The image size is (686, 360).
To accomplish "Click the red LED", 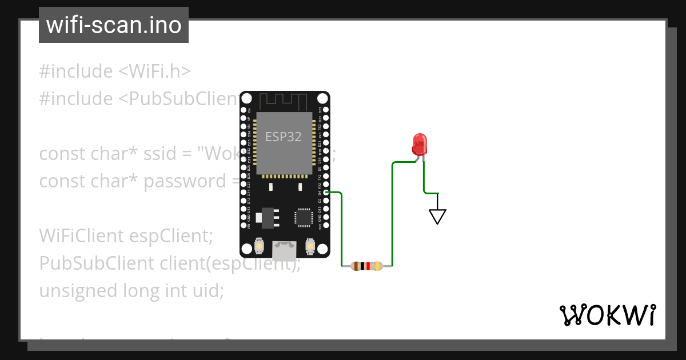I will coord(420,144).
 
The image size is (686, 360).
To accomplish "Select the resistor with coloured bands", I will coord(367,266).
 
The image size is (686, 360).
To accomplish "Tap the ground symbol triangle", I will coord(437,216).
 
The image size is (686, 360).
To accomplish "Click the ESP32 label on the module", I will coord(283,137).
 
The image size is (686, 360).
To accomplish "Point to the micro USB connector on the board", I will coord(284,249).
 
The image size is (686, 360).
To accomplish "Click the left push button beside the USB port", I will coord(259,246).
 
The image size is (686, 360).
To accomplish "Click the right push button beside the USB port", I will coord(310,246).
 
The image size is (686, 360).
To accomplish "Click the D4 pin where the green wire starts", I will coord(326,193).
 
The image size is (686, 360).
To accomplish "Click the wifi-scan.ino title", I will coord(113,25).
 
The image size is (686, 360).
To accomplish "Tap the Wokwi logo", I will coord(607,315).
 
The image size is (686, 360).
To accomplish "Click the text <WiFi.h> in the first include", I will coord(154,71).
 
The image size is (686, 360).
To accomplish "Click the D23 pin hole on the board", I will coord(326,110).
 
